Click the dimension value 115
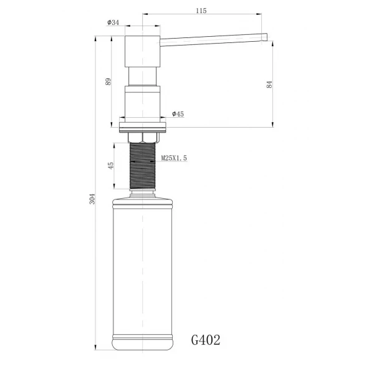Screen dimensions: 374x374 click(201, 11)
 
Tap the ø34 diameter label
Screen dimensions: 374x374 click(113, 22)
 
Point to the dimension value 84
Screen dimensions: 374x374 click(269, 85)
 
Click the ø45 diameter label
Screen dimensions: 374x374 click(178, 114)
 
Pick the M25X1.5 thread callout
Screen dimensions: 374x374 click(174, 158)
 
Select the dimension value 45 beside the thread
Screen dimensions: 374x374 click(111, 166)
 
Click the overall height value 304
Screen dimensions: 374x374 click(92, 199)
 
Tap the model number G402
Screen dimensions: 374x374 click(205, 340)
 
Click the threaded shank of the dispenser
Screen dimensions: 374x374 click(144, 165)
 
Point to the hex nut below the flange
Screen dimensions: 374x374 click(144, 137)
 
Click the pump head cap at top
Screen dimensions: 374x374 click(144, 52)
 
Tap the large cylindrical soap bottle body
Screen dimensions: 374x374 click(144, 268)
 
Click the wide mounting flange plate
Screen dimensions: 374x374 click(144, 127)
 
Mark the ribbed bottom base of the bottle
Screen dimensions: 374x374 click(144, 342)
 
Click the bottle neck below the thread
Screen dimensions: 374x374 click(144, 193)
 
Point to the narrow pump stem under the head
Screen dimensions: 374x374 click(144, 76)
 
